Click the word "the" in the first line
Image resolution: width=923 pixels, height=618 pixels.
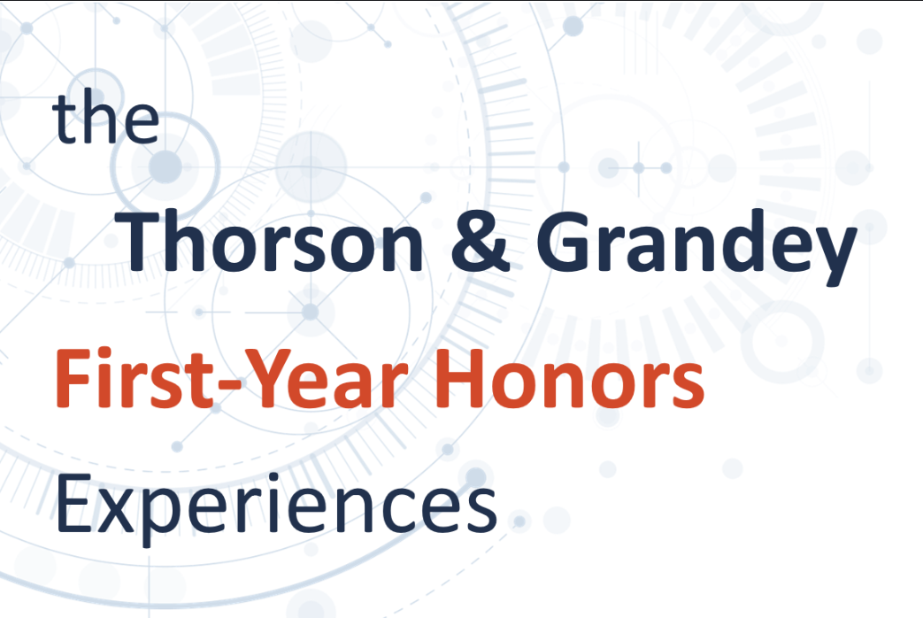pyautogui.click(x=106, y=116)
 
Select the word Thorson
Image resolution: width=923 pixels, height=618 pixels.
pyautogui.click(x=268, y=242)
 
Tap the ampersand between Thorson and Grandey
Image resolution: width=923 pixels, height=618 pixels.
pyautogui.click(x=479, y=242)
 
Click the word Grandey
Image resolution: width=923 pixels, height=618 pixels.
pyautogui.click(x=696, y=247)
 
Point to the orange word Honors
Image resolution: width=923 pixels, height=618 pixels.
pyautogui.click(x=569, y=378)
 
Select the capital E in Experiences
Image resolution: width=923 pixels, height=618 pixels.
pyautogui.click(x=73, y=505)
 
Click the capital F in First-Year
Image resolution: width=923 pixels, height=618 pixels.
pyautogui.click(x=72, y=378)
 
